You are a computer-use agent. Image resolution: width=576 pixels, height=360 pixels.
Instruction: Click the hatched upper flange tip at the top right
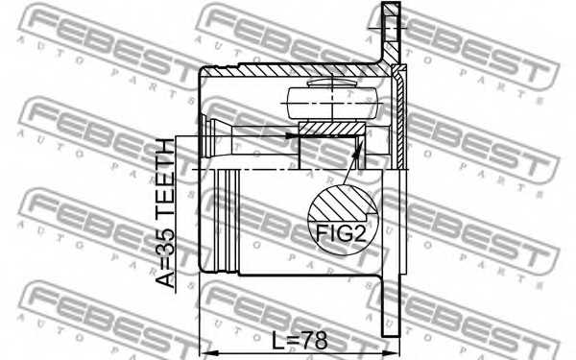click(389, 29)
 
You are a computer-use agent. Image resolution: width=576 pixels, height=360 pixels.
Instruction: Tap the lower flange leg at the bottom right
click(389, 307)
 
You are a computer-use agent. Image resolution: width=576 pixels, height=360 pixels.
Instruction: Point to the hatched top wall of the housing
click(288, 69)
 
